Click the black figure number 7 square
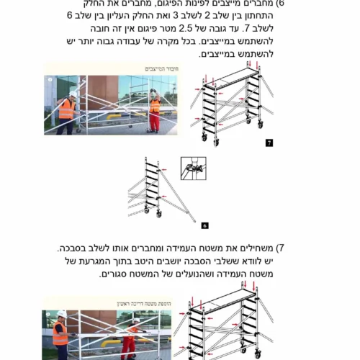pyautogui.click(x=269, y=143)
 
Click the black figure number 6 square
pyautogui.click(x=204, y=225)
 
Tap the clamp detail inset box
pyautogui.click(x=194, y=168)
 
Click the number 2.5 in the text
pyautogui.click(x=186, y=29)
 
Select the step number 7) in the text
pyautogui.click(x=280, y=248)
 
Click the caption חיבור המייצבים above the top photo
pyautogui.click(x=162, y=69)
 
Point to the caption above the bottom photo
pyautogui.click(x=144, y=304)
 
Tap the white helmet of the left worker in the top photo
pyautogui.click(x=73, y=94)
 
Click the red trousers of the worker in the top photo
pyautogui.click(x=156, y=121)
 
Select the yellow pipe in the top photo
pyautogui.click(x=113, y=117)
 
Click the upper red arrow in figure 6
pyautogui.click(x=164, y=170)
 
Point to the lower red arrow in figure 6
pyautogui.click(x=164, y=197)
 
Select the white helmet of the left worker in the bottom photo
pyautogui.click(x=62, y=314)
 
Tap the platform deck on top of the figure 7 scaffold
pyautogui.click(x=232, y=77)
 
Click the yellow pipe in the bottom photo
pyautogui.click(x=111, y=343)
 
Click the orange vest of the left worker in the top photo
pyautogui.click(x=67, y=109)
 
